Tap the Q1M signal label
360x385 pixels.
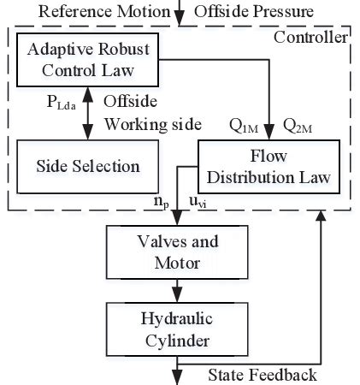[x=243, y=126]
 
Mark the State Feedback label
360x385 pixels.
[x=263, y=375]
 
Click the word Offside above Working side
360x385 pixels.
[x=129, y=100]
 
